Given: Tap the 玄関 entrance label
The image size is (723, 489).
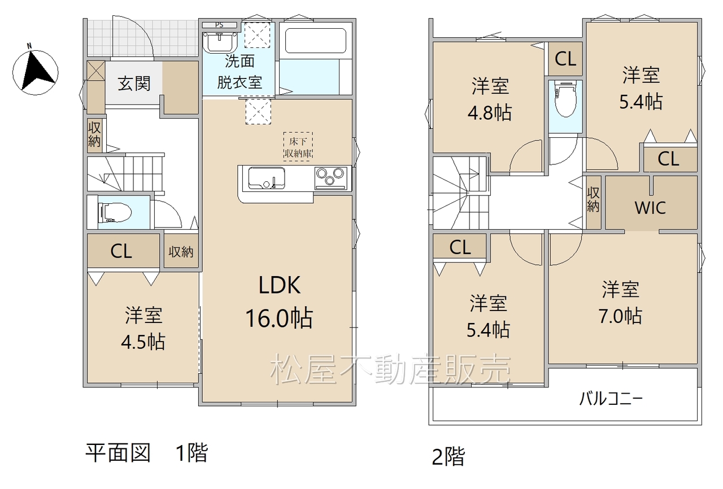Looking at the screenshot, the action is [134, 84].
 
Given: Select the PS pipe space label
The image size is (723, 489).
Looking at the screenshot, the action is [219, 25].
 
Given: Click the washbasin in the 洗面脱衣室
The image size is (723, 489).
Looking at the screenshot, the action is [220, 42].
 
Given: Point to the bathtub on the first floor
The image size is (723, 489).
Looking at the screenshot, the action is [315, 41].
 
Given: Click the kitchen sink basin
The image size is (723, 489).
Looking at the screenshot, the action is [267, 178].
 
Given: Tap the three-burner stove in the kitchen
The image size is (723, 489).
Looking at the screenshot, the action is [331, 178].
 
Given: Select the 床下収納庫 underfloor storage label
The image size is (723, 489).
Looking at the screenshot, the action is [298, 147].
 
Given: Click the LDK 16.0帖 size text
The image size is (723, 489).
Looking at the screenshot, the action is [279, 318].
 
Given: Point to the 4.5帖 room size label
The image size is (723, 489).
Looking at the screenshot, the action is [143, 342].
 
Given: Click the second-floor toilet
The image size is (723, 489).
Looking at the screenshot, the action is [565, 98].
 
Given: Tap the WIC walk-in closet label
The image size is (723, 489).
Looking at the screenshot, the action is [650, 208].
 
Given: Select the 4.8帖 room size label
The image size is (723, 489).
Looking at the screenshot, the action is [490, 113].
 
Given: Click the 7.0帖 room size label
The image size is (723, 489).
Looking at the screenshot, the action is [620, 316].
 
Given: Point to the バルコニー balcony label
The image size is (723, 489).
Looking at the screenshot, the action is [611, 399].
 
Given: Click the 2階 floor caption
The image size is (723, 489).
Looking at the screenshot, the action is [448, 457].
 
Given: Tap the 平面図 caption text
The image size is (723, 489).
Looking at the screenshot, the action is [118, 453].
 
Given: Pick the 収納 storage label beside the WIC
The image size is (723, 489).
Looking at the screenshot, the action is [593, 200].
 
